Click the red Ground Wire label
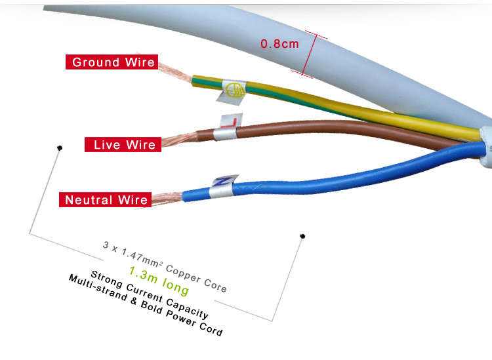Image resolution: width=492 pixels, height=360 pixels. point(112,62)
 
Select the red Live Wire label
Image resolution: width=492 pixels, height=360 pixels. point(123,144)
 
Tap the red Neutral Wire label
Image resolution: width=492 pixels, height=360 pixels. point(106,200)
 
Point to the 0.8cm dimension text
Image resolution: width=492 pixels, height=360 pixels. point(279,43)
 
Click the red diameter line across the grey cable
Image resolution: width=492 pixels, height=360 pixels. point(309,55)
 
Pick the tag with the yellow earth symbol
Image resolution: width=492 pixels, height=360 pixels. point(232,91)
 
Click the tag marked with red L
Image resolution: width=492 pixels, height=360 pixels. point(228,127)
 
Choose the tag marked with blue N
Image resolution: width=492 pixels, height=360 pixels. point(223,186)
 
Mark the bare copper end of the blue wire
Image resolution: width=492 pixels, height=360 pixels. point(167,198)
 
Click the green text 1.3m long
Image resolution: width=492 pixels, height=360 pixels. point(159,281)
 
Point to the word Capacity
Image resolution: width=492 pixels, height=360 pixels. point(187,308)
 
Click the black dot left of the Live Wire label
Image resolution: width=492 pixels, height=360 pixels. point(60,148)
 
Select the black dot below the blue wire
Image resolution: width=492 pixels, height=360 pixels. point(302,236)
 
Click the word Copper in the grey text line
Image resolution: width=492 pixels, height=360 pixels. point(183,273)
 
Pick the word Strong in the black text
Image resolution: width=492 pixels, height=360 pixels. point(106,279)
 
